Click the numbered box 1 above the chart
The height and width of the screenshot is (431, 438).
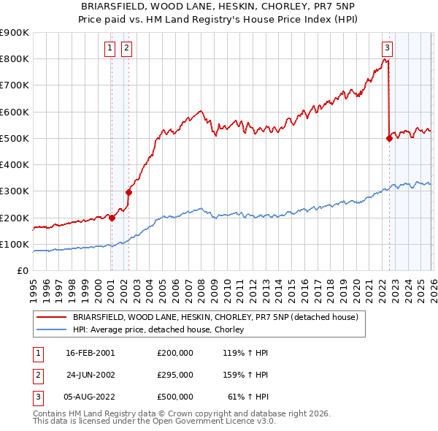[x=109, y=49]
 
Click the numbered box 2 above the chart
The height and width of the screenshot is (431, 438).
[x=126, y=49]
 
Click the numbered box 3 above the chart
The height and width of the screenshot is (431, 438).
[x=387, y=49]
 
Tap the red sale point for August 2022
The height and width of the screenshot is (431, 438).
[x=389, y=138]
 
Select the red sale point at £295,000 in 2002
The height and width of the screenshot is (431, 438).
[x=128, y=193]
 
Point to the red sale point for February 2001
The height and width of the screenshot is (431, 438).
[x=112, y=218]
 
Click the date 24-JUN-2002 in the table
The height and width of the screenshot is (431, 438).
[x=91, y=375]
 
